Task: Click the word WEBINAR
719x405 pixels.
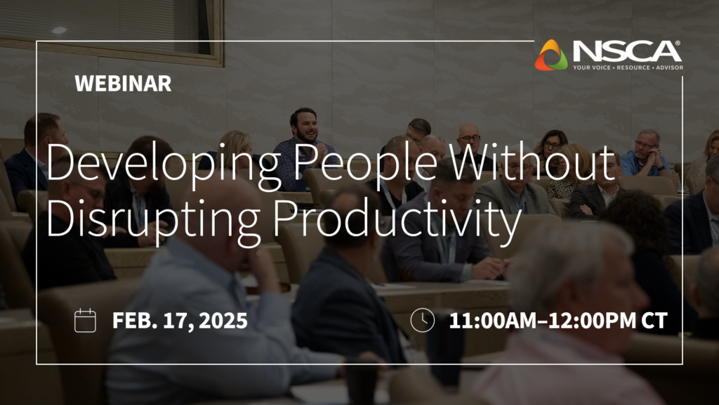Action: click(123, 84)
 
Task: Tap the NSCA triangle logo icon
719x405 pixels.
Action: click(551, 56)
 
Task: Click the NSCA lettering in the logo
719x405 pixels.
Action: click(626, 51)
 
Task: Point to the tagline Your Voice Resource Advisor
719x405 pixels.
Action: click(627, 67)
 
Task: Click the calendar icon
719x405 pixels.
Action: click(85, 320)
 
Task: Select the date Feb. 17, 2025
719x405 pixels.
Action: click(180, 321)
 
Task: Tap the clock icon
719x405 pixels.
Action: click(422, 320)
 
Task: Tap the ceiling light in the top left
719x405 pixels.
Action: click(58, 30)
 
